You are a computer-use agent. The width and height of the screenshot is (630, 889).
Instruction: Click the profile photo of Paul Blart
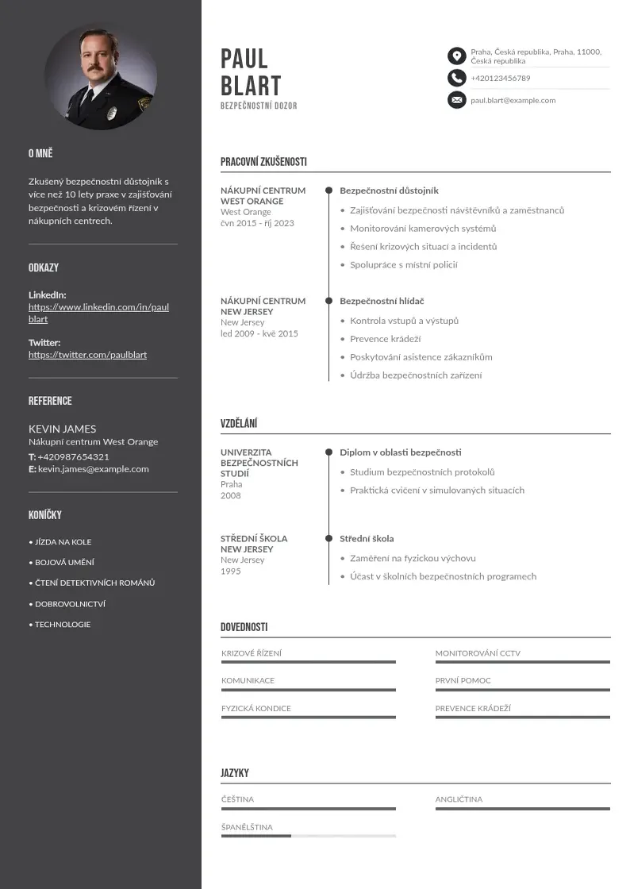click(100, 77)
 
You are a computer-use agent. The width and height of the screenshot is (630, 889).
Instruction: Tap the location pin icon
click(456, 56)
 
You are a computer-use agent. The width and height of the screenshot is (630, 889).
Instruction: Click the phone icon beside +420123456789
click(456, 78)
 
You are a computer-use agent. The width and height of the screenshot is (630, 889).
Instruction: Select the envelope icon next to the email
click(456, 100)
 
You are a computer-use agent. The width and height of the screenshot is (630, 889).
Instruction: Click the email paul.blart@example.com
click(513, 100)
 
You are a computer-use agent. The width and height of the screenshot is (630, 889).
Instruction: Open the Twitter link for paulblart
click(87, 355)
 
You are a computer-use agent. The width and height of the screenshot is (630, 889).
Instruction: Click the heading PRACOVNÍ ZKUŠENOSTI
click(263, 162)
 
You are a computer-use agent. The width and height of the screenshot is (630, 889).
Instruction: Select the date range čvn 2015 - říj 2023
click(257, 223)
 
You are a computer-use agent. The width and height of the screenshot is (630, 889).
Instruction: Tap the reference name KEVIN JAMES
click(62, 429)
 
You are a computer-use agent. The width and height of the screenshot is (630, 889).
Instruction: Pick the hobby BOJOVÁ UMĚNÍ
click(64, 562)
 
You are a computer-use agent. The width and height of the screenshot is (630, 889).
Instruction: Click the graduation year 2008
click(230, 495)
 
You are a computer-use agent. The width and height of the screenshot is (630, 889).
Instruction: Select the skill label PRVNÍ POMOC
click(463, 680)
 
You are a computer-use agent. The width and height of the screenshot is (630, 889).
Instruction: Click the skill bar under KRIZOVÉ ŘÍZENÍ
click(308, 662)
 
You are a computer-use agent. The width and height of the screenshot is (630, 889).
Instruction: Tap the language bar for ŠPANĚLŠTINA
click(308, 836)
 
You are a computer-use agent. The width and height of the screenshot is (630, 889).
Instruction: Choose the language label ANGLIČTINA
click(459, 799)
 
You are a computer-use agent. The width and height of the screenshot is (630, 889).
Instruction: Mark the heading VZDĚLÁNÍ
click(239, 424)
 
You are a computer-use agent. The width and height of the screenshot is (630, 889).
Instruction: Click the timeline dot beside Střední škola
click(328, 538)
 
